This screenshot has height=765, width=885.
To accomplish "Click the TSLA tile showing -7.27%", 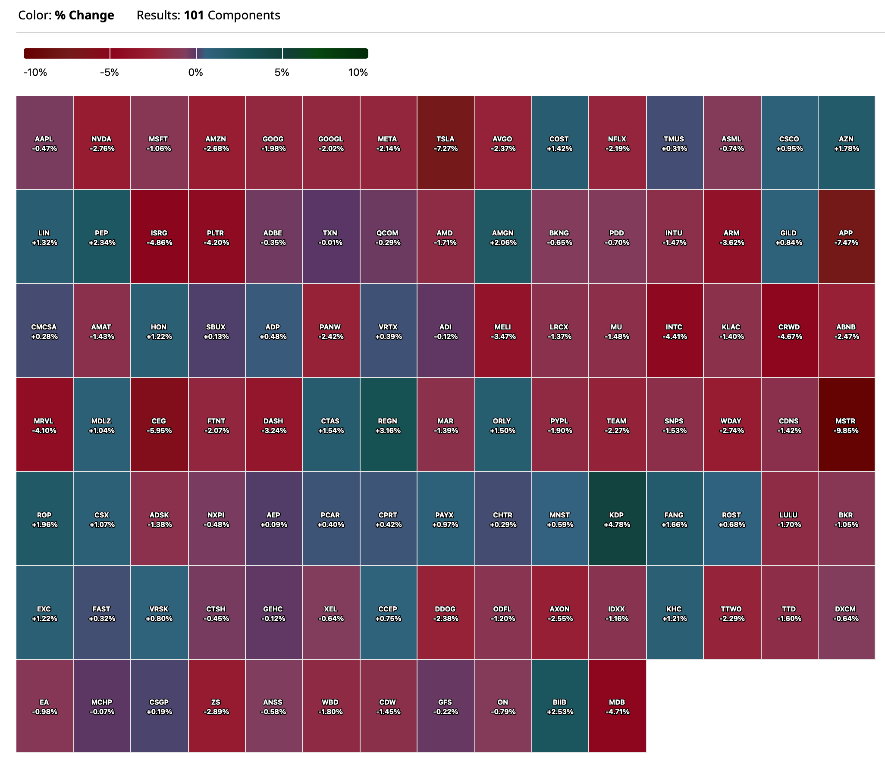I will (446, 142).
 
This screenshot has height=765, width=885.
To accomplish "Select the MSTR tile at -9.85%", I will (846, 424).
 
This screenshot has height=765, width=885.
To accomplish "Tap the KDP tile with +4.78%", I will (617, 518).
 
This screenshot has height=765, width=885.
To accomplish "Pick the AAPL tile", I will (44, 142).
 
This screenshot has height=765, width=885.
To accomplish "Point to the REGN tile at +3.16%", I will (388, 424).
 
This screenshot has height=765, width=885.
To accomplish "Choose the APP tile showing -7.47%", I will (846, 236).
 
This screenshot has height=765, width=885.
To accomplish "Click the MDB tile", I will (617, 706).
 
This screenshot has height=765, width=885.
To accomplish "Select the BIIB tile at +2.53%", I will (559, 706).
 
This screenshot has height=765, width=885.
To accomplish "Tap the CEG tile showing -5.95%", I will (159, 424).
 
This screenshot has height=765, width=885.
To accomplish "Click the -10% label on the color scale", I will (35, 72).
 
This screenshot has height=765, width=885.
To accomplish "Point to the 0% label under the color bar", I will (195, 72).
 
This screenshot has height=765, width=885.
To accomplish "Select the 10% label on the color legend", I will (358, 72).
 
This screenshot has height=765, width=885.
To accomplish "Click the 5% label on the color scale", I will (282, 72).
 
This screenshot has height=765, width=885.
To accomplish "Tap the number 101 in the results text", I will (194, 16).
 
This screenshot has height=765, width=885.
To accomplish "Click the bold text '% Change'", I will (85, 16).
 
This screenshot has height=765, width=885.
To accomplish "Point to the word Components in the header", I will (244, 16).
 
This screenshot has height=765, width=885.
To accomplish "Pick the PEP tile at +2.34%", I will (102, 236).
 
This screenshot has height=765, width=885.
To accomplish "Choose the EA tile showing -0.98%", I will (44, 706).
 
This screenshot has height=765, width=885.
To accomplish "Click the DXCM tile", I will (846, 612).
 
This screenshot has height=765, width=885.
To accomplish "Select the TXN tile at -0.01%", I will (330, 236).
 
